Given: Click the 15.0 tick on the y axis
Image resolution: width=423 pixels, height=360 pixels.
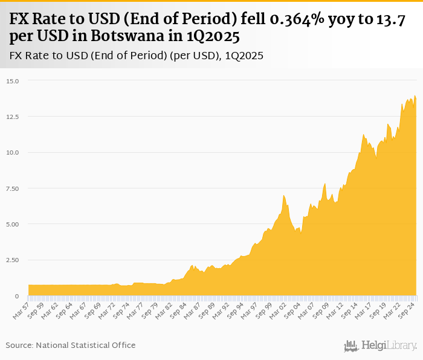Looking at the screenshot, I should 13,81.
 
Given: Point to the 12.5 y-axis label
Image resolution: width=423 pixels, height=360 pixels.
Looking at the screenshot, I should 13,117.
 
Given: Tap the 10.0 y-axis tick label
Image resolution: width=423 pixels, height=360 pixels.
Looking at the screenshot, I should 13,152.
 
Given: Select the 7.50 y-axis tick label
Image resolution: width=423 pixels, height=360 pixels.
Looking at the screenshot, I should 13,188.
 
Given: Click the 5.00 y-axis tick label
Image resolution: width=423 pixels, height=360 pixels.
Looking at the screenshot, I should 13,224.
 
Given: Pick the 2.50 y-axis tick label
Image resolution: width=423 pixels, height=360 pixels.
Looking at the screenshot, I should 13,260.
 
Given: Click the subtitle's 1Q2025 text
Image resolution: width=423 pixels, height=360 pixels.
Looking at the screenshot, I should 244,56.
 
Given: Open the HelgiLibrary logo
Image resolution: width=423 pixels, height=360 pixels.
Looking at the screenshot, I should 380,346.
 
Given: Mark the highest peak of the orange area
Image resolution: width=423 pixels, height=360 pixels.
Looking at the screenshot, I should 415,96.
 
